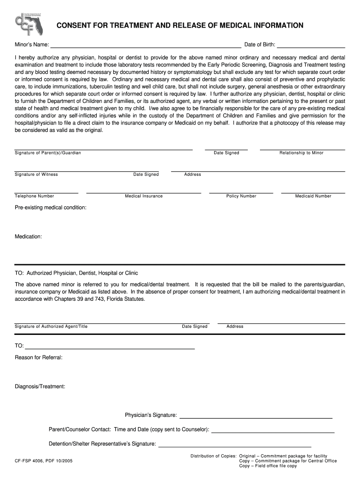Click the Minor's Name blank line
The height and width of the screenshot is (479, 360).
tap(146, 47)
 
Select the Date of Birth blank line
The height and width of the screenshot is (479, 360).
tap(311, 47)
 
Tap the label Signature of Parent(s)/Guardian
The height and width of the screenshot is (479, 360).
tap(48, 153)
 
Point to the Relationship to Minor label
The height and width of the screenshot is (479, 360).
tap(301, 153)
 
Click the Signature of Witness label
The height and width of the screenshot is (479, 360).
tap(36, 174)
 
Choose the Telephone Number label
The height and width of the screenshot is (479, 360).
tap(35, 196)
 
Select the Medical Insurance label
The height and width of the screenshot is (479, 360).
tap(144, 196)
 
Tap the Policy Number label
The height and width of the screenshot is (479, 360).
tap(241, 196)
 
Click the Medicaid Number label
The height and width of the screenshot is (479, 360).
tap(313, 196)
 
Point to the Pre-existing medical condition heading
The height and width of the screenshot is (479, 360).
tap(50, 207)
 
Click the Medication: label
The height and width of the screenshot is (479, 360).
tap(29, 237)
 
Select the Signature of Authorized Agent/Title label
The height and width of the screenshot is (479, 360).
tap(51, 327)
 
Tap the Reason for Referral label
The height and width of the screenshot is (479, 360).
tap(39, 357)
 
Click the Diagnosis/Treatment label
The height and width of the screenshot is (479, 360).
tap(40, 386)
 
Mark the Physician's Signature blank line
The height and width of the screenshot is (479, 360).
tap(256, 417)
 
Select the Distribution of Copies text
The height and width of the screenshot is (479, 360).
tap(213, 456)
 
